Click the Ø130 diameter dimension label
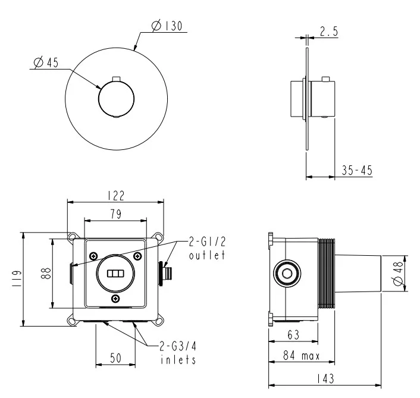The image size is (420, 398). point(167,27)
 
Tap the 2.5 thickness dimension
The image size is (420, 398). point(328,33)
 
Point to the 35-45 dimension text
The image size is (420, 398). point(357,171)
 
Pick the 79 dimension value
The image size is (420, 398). point(115,215)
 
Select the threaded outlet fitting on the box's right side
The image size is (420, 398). point(168,272)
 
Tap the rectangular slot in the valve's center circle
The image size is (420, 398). point(115,274)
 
